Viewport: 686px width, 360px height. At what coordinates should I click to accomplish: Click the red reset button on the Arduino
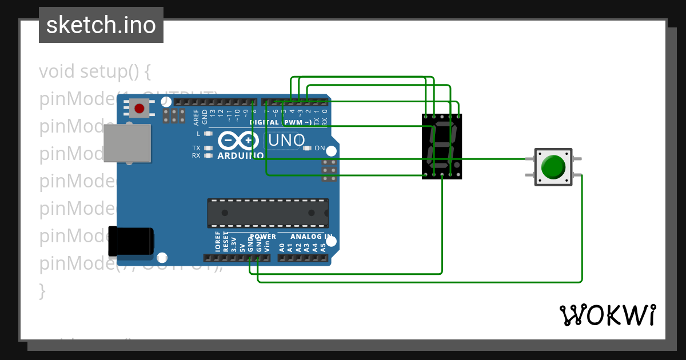point(139,107)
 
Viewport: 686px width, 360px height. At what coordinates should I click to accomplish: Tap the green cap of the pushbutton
point(553,167)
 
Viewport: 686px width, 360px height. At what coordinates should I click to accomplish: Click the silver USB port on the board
point(127,143)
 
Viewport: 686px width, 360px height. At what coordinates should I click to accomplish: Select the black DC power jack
point(130,241)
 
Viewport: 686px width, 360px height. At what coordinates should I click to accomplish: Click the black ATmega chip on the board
point(268,213)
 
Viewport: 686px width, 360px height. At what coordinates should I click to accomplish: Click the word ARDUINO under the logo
point(240,155)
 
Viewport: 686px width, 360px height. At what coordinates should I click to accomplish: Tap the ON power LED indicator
point(308,149)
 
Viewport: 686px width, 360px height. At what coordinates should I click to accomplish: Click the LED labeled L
point(208,134)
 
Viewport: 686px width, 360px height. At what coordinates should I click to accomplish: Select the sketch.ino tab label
point(101,25)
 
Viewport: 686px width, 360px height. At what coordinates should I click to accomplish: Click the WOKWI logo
point(607,315)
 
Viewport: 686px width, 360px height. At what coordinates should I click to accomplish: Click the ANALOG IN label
point(311,237)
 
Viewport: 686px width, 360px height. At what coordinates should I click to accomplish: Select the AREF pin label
point(197,117)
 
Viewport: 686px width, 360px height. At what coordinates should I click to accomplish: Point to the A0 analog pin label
point(282,247)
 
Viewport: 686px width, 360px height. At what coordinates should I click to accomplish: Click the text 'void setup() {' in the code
point(95,72)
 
